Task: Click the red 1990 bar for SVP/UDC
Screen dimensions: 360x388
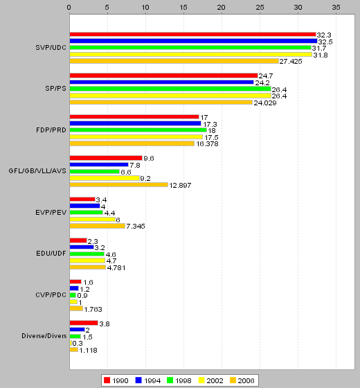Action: click(x=193, y=35)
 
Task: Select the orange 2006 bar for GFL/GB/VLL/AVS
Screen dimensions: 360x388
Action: click(x=119, y=184)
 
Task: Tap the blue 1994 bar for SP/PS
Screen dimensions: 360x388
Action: click(x=162, y=82)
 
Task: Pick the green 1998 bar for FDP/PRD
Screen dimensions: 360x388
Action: click(x=138, y=130)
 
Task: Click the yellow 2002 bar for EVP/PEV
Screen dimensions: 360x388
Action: click(x=93, y=219)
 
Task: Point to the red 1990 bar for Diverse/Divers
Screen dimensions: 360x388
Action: click(x=84, y=323)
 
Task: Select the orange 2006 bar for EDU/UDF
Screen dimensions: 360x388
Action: click(x=88, y=267)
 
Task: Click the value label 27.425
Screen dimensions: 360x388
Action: click(x=291, y=62)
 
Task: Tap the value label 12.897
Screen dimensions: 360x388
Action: click(x=180, y=186)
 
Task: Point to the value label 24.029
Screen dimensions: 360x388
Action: click(x=265, y=103)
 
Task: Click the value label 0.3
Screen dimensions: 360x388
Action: click(x=78, y=344)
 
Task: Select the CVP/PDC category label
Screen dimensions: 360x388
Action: click(x=51, y=295)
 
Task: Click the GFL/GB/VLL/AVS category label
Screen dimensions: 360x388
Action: click(x=37, y=171)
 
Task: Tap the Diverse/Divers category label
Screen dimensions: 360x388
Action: click(x=44, y=336)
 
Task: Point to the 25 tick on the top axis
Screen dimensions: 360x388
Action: click(x=260, y=8)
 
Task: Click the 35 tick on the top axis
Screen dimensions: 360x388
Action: click(x=336, y=8)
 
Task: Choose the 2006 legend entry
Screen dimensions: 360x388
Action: click(x=242, y=380)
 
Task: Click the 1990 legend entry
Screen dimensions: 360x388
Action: click(x=116, y=380)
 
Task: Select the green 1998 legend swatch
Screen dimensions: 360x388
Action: click(x=170, y=380)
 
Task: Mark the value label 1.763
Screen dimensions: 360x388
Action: click(x=93, y=309)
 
